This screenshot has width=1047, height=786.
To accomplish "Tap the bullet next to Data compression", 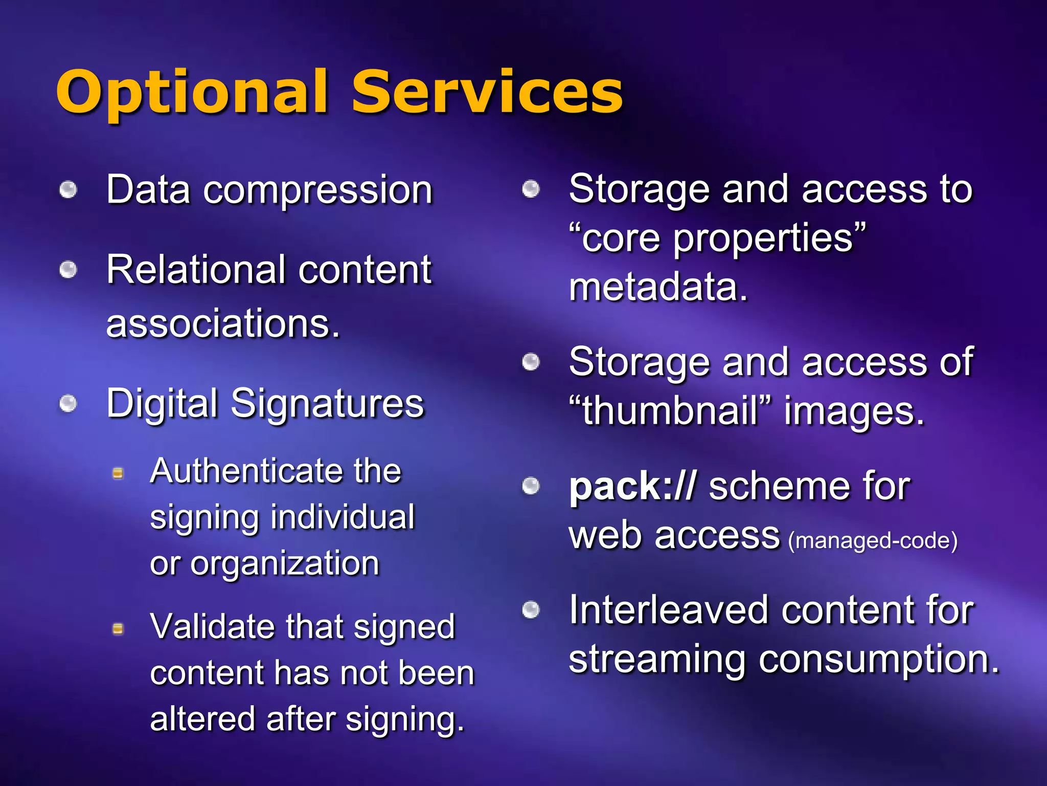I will click(68, 190).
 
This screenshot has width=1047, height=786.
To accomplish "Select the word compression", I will click(318, 190).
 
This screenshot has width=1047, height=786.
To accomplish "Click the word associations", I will click(223, 324).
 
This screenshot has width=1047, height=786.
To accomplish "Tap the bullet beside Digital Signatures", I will click(68, 404).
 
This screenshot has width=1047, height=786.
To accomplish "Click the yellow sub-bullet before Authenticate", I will click(118, 473).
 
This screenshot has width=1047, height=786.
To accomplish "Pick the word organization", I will click(285, 563).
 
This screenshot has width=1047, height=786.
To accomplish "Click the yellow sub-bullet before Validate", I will click(118, 628).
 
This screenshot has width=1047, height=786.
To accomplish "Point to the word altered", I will click(202, 718).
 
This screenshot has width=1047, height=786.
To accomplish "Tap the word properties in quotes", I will click(762, 238).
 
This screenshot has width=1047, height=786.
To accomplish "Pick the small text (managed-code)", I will click(873, 541).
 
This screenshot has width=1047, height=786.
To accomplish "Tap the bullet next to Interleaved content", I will click(531, 610).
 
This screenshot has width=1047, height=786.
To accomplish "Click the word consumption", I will click(878, 659).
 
